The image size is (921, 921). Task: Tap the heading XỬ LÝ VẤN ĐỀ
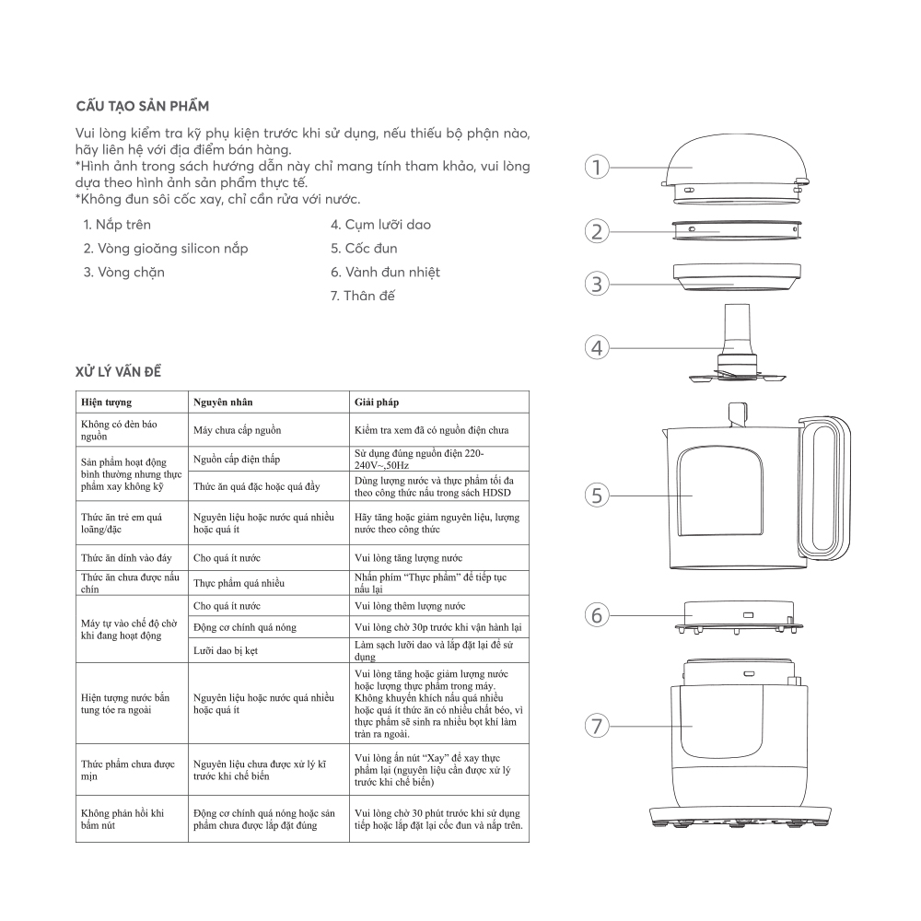(121, 371)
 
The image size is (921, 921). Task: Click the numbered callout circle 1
(598, 167)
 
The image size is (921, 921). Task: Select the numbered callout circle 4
(598, 347)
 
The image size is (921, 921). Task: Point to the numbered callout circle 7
(598, 727)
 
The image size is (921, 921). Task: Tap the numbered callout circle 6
(598, 614)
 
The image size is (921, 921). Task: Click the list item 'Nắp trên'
(117, 225)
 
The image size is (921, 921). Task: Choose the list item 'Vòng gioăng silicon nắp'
(166, 249)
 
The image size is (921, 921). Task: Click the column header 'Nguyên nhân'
(223, 402)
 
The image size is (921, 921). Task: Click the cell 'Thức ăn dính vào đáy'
(127, 558)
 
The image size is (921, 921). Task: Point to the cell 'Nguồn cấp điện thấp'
(237, 459)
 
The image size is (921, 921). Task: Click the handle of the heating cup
(823, 484)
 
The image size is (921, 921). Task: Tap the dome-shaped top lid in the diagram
(733, 166)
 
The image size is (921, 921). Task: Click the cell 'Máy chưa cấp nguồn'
(237, 430)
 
